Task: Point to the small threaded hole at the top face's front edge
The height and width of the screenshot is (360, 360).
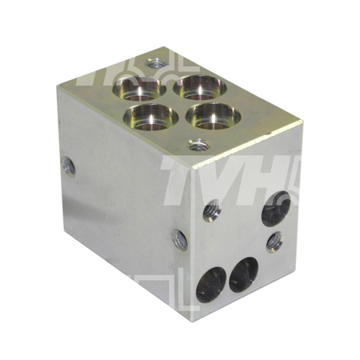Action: [x=195, y=145]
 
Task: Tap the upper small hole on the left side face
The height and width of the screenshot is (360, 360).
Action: [x=69, y=166]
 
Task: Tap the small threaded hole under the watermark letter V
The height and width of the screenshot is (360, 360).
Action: [x=213, y=211]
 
